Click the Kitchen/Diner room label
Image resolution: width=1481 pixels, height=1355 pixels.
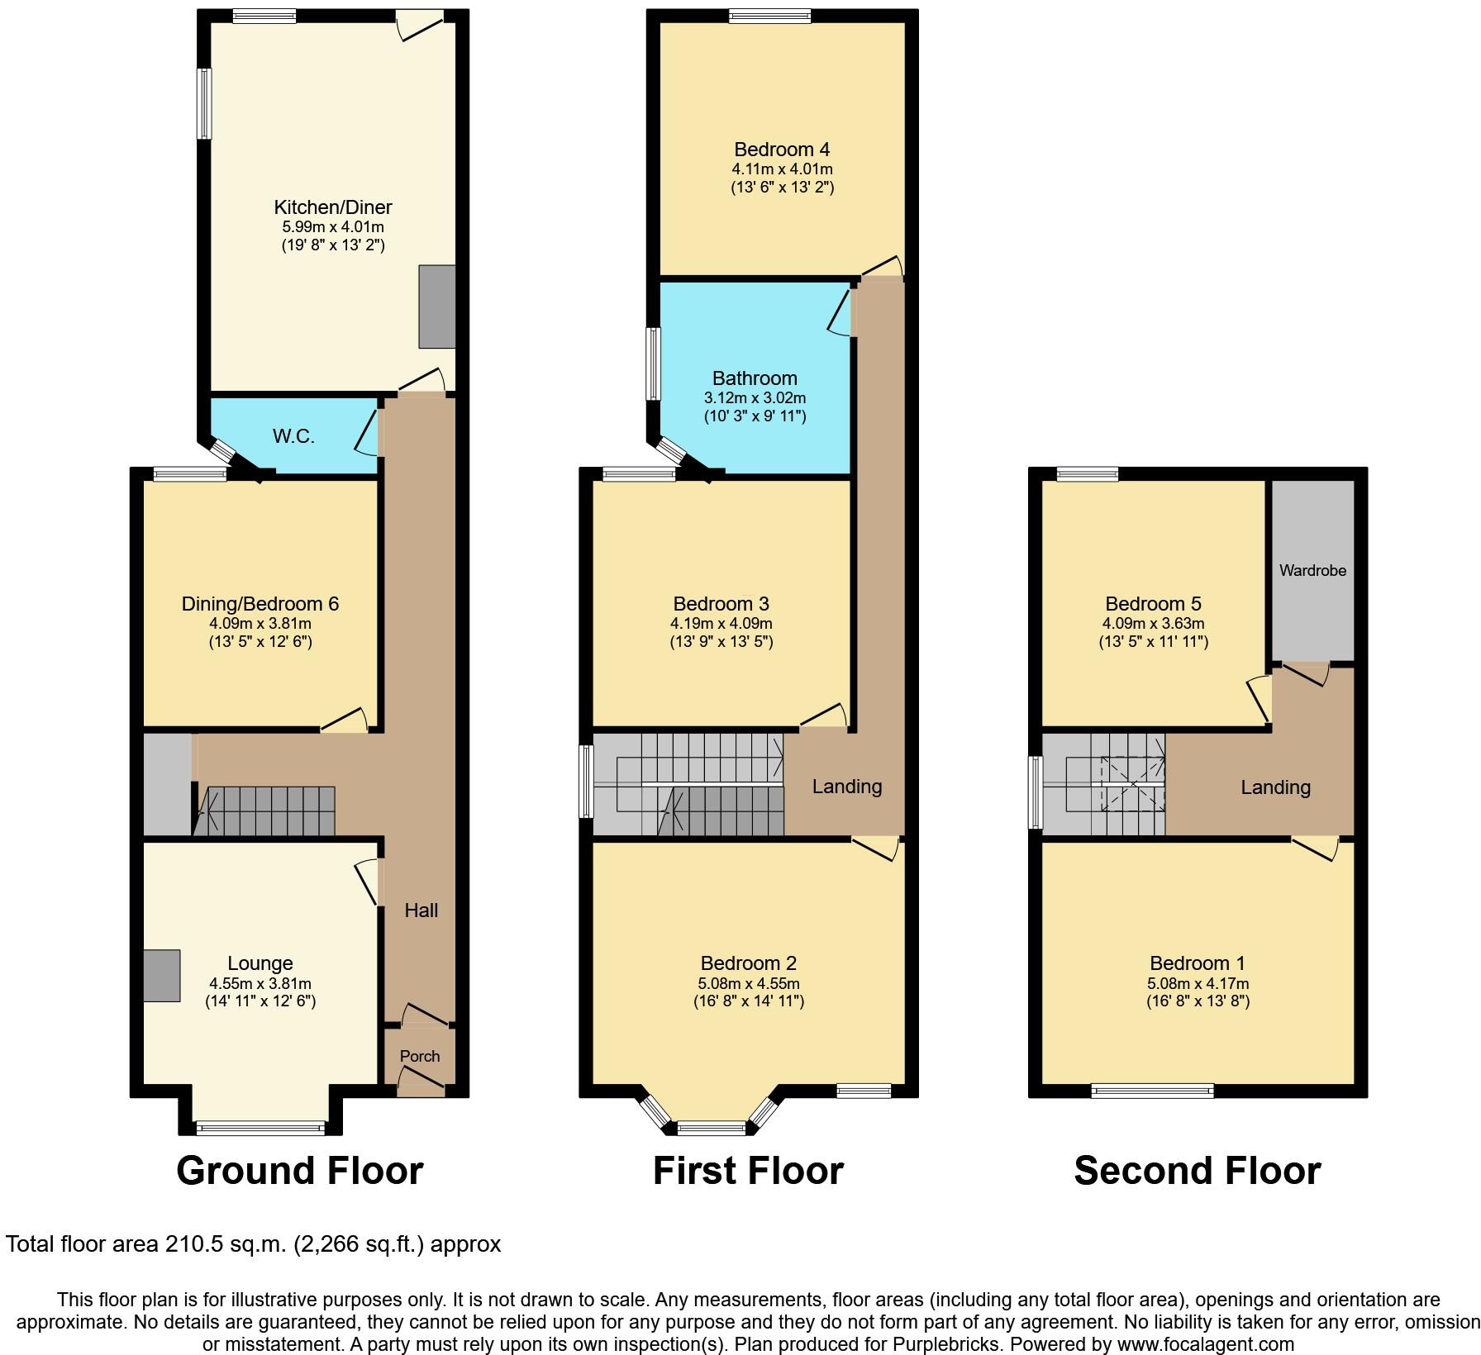[332, 207]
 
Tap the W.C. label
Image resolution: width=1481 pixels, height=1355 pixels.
[293, 436]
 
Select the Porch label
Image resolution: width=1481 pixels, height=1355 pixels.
[420, 1056]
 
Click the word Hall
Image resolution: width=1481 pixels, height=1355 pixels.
[421, 910]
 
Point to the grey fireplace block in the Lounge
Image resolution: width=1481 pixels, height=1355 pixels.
[161, 976]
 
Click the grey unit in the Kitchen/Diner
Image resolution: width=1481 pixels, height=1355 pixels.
[436, 307]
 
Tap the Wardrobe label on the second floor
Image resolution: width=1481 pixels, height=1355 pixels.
[1312, 570]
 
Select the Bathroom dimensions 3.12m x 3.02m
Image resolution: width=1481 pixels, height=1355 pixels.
[754, 398]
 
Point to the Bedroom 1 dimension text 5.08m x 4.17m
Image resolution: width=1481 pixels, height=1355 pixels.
[1198, 984]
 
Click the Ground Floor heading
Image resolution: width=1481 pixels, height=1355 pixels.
[299, 1171]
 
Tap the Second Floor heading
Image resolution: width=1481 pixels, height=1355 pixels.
[1197, 1171]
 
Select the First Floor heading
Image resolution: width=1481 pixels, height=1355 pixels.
[748, 1171]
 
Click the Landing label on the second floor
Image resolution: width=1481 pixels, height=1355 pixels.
[1275, 787]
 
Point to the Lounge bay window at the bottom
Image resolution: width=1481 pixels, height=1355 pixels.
[260, 1127]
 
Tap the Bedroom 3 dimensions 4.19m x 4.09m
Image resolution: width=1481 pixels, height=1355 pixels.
[721, 624]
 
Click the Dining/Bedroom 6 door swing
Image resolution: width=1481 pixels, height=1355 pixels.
[345, 720]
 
